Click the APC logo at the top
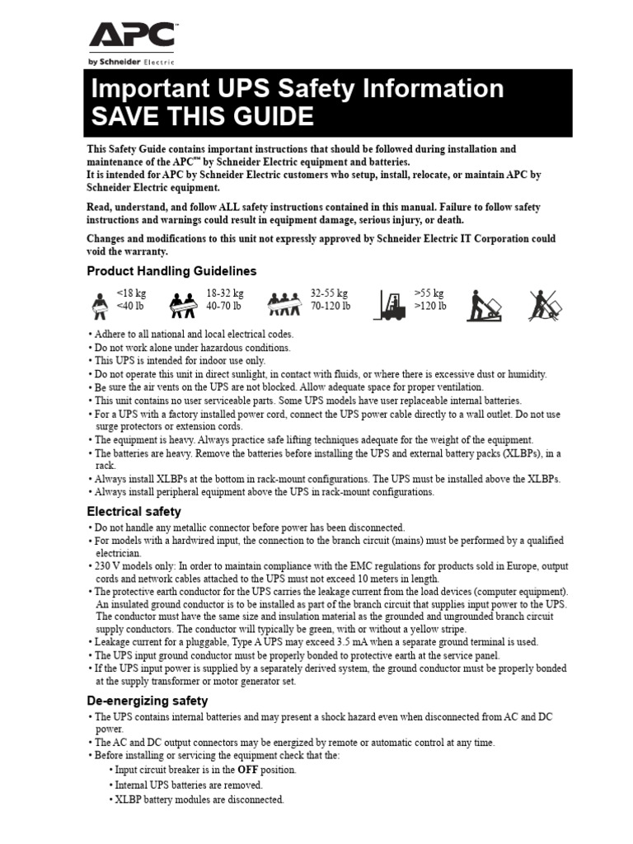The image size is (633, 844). tap(132, 37)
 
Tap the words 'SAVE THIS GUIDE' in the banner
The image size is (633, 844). tap(202, 116)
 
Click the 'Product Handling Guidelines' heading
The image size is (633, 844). tap(171, 271)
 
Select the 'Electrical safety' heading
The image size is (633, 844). tap(134, 512)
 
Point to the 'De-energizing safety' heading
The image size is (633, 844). tap(148, 701)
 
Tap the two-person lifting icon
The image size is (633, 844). tap(185, 305)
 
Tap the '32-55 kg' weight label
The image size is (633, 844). tap(329, 293)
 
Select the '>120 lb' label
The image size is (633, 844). tap(429, 307)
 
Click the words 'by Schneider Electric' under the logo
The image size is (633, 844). tap(132, 62)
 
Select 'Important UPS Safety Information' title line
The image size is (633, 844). tap(296, 89)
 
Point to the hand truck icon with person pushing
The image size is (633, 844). tap(485, 304)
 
